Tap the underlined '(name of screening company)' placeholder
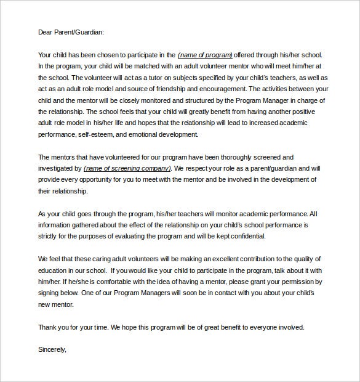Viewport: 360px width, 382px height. (x=127, y=168)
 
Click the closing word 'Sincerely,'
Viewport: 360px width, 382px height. (x=52, y=350)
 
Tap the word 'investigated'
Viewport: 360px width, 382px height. (x=56, y=168)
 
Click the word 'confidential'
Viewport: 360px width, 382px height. (x=245, y=236)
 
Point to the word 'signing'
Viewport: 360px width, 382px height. (x=49, y=293)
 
